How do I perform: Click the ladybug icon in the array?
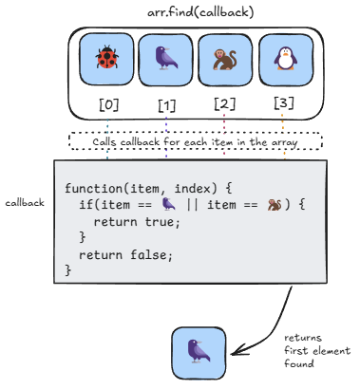[107, 57]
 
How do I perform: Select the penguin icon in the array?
[286, 58]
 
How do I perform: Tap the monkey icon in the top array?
[225, 60]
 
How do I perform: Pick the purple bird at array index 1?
[166, 58]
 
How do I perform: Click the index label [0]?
[109, 104]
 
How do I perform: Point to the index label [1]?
[167, 106]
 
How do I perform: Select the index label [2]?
[225, 103]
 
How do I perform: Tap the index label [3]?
[284, 102]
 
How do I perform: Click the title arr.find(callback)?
[200, 12]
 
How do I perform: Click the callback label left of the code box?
[25, 203]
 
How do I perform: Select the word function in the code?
[93, 189]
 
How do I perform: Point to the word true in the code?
[160, 222]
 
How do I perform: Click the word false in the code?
[148, 254]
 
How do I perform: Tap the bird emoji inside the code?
[168, 204]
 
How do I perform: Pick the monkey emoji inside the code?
[275, 205]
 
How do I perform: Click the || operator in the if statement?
[192, 205]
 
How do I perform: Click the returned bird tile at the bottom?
[199, 353]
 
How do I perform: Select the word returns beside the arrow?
[303, 338]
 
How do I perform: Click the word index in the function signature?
[192, 189]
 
